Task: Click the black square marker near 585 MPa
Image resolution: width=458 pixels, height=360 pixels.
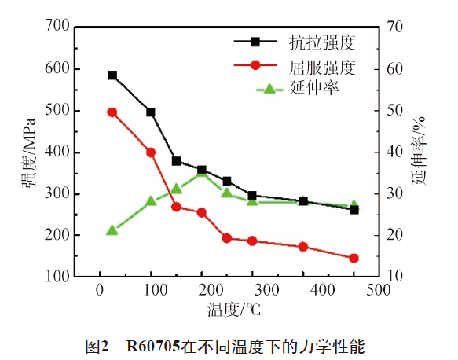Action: (112, 75)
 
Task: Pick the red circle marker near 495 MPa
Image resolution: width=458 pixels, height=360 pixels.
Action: (112, 112)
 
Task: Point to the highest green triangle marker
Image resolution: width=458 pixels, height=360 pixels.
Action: (202, 173)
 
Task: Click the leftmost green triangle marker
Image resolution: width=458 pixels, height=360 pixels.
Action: (112, 230)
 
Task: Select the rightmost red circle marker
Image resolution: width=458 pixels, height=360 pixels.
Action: (354, 258)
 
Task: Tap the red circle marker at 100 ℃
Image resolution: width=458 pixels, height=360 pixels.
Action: (151, 152)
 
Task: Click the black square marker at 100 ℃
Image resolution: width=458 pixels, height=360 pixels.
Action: (151, 112)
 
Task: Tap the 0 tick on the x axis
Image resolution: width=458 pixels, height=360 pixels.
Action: (99, 289)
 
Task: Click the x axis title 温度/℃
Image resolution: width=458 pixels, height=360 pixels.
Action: (234, 309)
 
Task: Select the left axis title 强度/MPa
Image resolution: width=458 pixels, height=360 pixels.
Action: (28, 152)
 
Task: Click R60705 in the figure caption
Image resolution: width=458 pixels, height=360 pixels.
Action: (153, 343)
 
